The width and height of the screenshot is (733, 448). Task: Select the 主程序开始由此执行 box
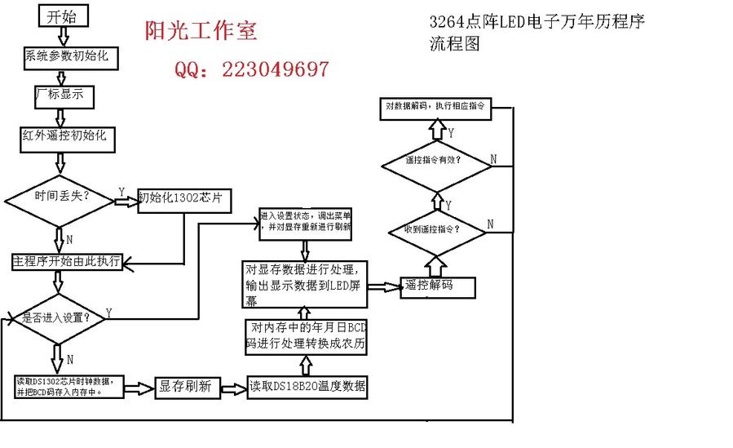[67, 262]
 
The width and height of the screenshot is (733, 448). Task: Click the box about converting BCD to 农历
[307, 337]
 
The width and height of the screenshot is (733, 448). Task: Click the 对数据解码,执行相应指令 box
[436, 107]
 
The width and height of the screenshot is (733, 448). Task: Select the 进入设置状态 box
[306, 222]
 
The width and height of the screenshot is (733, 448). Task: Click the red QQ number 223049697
[251, 69]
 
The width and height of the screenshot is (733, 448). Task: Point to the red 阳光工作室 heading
[201, 31]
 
